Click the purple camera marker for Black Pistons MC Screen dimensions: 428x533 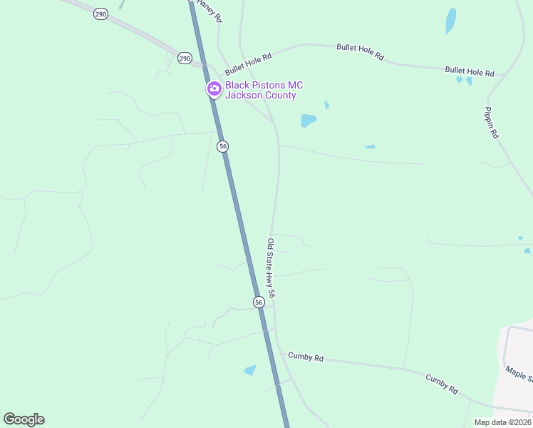[x=213, y=89]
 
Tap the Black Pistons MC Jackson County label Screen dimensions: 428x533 [x=261, y=90]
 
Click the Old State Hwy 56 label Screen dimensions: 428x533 [x=271, y=267]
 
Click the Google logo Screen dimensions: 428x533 [x=24, y=419]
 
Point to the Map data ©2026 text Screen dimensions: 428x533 [x=502, y=422]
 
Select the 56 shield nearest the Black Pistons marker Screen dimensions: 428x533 [x=223, y=146]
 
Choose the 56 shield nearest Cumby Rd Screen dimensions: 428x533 [x=259, y=302]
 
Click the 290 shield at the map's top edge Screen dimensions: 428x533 [x=100, y=14]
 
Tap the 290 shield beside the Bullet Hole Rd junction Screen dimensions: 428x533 [x=185, y=58]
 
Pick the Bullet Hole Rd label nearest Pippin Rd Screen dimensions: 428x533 [x=469, y=71]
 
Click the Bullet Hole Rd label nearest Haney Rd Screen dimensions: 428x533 [x=249, y=64]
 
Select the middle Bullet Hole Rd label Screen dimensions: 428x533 [x=360, y=51]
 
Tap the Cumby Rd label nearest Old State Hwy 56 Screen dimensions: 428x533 [x=306, y=356]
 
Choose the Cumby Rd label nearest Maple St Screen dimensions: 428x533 [x=442, y=384]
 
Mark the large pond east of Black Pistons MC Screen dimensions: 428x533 [x=309, y=120]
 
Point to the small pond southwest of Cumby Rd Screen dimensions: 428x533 [x=250, y=370]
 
